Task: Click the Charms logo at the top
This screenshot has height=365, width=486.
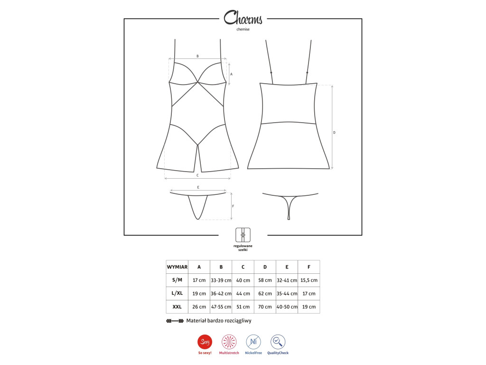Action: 243,18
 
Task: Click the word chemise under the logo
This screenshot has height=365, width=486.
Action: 243,29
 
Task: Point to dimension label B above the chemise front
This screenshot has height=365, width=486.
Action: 197,56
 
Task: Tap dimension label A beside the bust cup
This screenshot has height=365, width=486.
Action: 231,74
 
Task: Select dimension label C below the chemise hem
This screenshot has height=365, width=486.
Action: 197,175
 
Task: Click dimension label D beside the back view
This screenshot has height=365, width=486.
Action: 334,133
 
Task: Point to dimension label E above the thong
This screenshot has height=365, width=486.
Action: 198,187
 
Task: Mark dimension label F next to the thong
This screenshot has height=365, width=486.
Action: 233,206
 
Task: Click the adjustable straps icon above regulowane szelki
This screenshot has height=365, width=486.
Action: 243,235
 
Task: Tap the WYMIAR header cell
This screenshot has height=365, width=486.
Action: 177,267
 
